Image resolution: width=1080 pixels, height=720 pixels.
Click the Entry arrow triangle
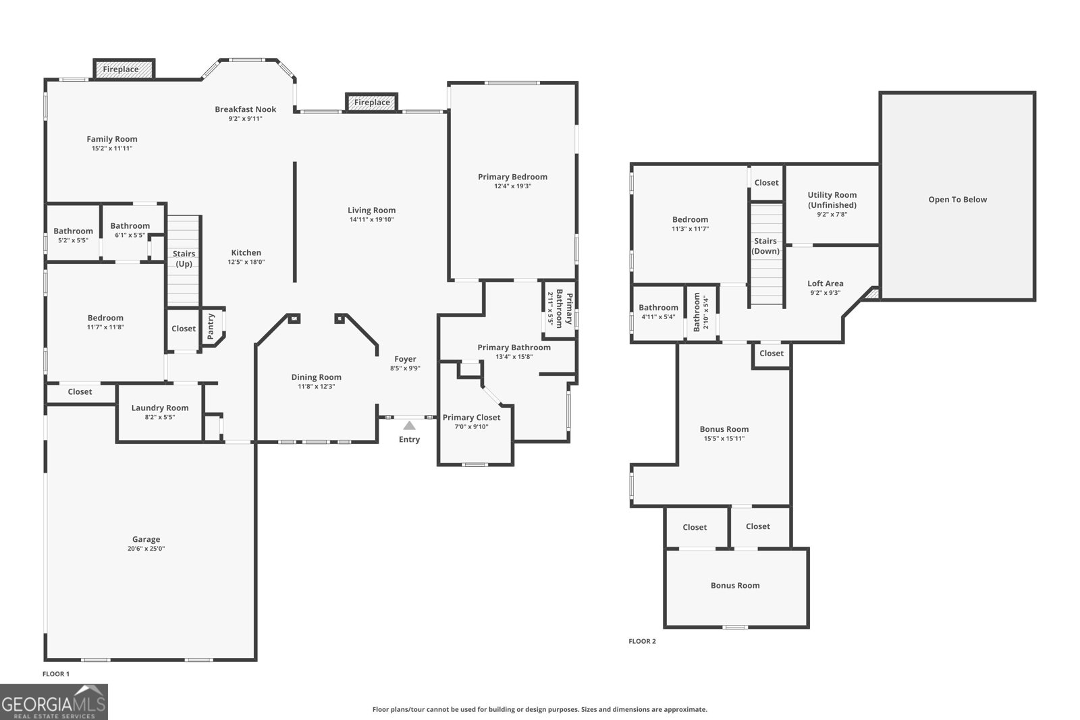pyautogui.click(x=409, y=425)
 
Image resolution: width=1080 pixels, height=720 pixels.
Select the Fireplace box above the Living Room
pyautogui.click(x=372, y=103)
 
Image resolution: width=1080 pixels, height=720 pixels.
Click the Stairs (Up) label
pyautogui.click(x=184, y=258)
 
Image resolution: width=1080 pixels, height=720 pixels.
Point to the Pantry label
pyautogui.click(x=211, y=326)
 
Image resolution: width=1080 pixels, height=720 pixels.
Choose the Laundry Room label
pyautogui.click(x=160, y=408)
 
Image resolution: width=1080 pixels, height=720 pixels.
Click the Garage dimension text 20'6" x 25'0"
pyautogui.click(x=146, y=549)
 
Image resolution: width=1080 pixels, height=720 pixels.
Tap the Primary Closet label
pyautogui.click(x=471, y=417)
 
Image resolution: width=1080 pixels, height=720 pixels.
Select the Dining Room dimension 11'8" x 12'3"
pyautogui.click(x=316, y=387)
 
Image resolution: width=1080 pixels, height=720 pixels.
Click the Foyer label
pyautogui.click(x=405, y=359)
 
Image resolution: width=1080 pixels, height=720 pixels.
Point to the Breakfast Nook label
pyautogui.click(x=246, y=109)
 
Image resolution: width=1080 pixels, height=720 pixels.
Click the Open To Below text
pyautogui.click(x=957, y=199)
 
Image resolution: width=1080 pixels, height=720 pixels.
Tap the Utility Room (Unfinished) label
pyautogui.click(x=832, y=200)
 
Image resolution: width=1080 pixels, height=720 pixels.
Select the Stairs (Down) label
pyautogui.click(x=765, y=246)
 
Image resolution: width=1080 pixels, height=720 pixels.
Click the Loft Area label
pyautogui.click(x=825, y=283)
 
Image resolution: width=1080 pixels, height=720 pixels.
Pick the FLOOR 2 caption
pyautogui.click(x=642, y=641)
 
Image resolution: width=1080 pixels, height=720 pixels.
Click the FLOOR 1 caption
pyautogui.click(x=56, y=673)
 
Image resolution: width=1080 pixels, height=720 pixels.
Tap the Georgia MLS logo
pyautogui.click(x=54, y=702)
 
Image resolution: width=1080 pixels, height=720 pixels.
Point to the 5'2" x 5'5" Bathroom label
pyautogui.click(x=73, y=231)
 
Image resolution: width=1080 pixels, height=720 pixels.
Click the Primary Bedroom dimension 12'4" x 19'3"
pyautogui.click(x=512, y=186)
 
